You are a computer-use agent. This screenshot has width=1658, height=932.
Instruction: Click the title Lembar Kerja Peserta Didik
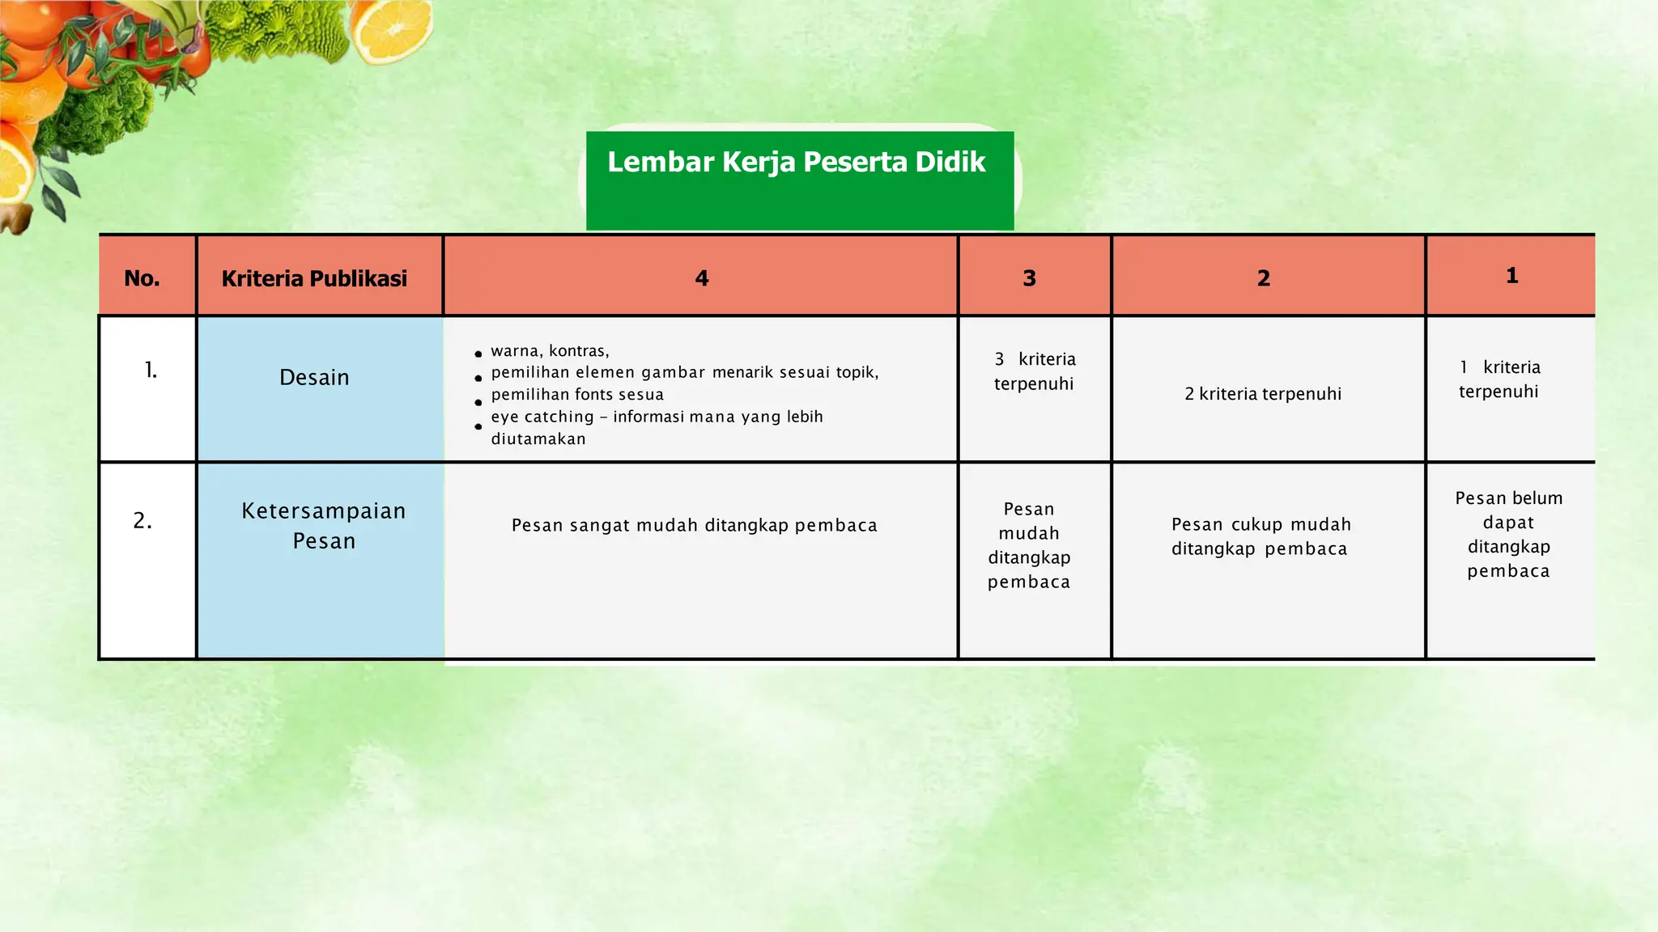(797, 163)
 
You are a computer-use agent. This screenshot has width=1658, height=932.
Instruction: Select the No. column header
(142, 278)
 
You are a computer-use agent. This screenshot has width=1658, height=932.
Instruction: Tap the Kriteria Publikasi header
(314, 278)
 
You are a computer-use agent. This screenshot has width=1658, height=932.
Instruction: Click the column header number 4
(701, 278)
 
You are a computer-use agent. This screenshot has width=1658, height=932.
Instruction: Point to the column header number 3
(1029, 278)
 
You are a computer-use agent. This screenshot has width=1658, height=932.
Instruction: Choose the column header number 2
(1263, 278)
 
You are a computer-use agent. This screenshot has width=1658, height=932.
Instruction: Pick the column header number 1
(1511, 276)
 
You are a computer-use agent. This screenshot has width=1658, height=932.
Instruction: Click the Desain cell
(314, 378)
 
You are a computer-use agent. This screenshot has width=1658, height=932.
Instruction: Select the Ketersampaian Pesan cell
(324, 526)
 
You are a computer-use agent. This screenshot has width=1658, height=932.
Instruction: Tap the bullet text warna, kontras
(550, 351)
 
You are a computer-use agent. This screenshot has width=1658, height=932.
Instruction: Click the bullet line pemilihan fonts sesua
(577, 395)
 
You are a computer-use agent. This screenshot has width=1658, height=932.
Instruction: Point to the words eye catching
(542, 417)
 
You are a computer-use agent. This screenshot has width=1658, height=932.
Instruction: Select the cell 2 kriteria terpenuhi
(1263, 394)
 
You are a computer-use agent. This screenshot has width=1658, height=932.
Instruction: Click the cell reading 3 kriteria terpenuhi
(1034, 371)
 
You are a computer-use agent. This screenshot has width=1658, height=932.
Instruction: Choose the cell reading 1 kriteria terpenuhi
(1499, 379)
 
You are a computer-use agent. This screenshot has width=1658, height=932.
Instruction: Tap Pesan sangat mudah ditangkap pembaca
(695, 526)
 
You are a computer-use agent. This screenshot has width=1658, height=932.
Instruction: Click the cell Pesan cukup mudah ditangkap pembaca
(1261, 536)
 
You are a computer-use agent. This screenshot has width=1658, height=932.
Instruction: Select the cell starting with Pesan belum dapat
(1508, 534)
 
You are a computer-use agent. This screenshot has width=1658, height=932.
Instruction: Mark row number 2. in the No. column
(142, 521)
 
